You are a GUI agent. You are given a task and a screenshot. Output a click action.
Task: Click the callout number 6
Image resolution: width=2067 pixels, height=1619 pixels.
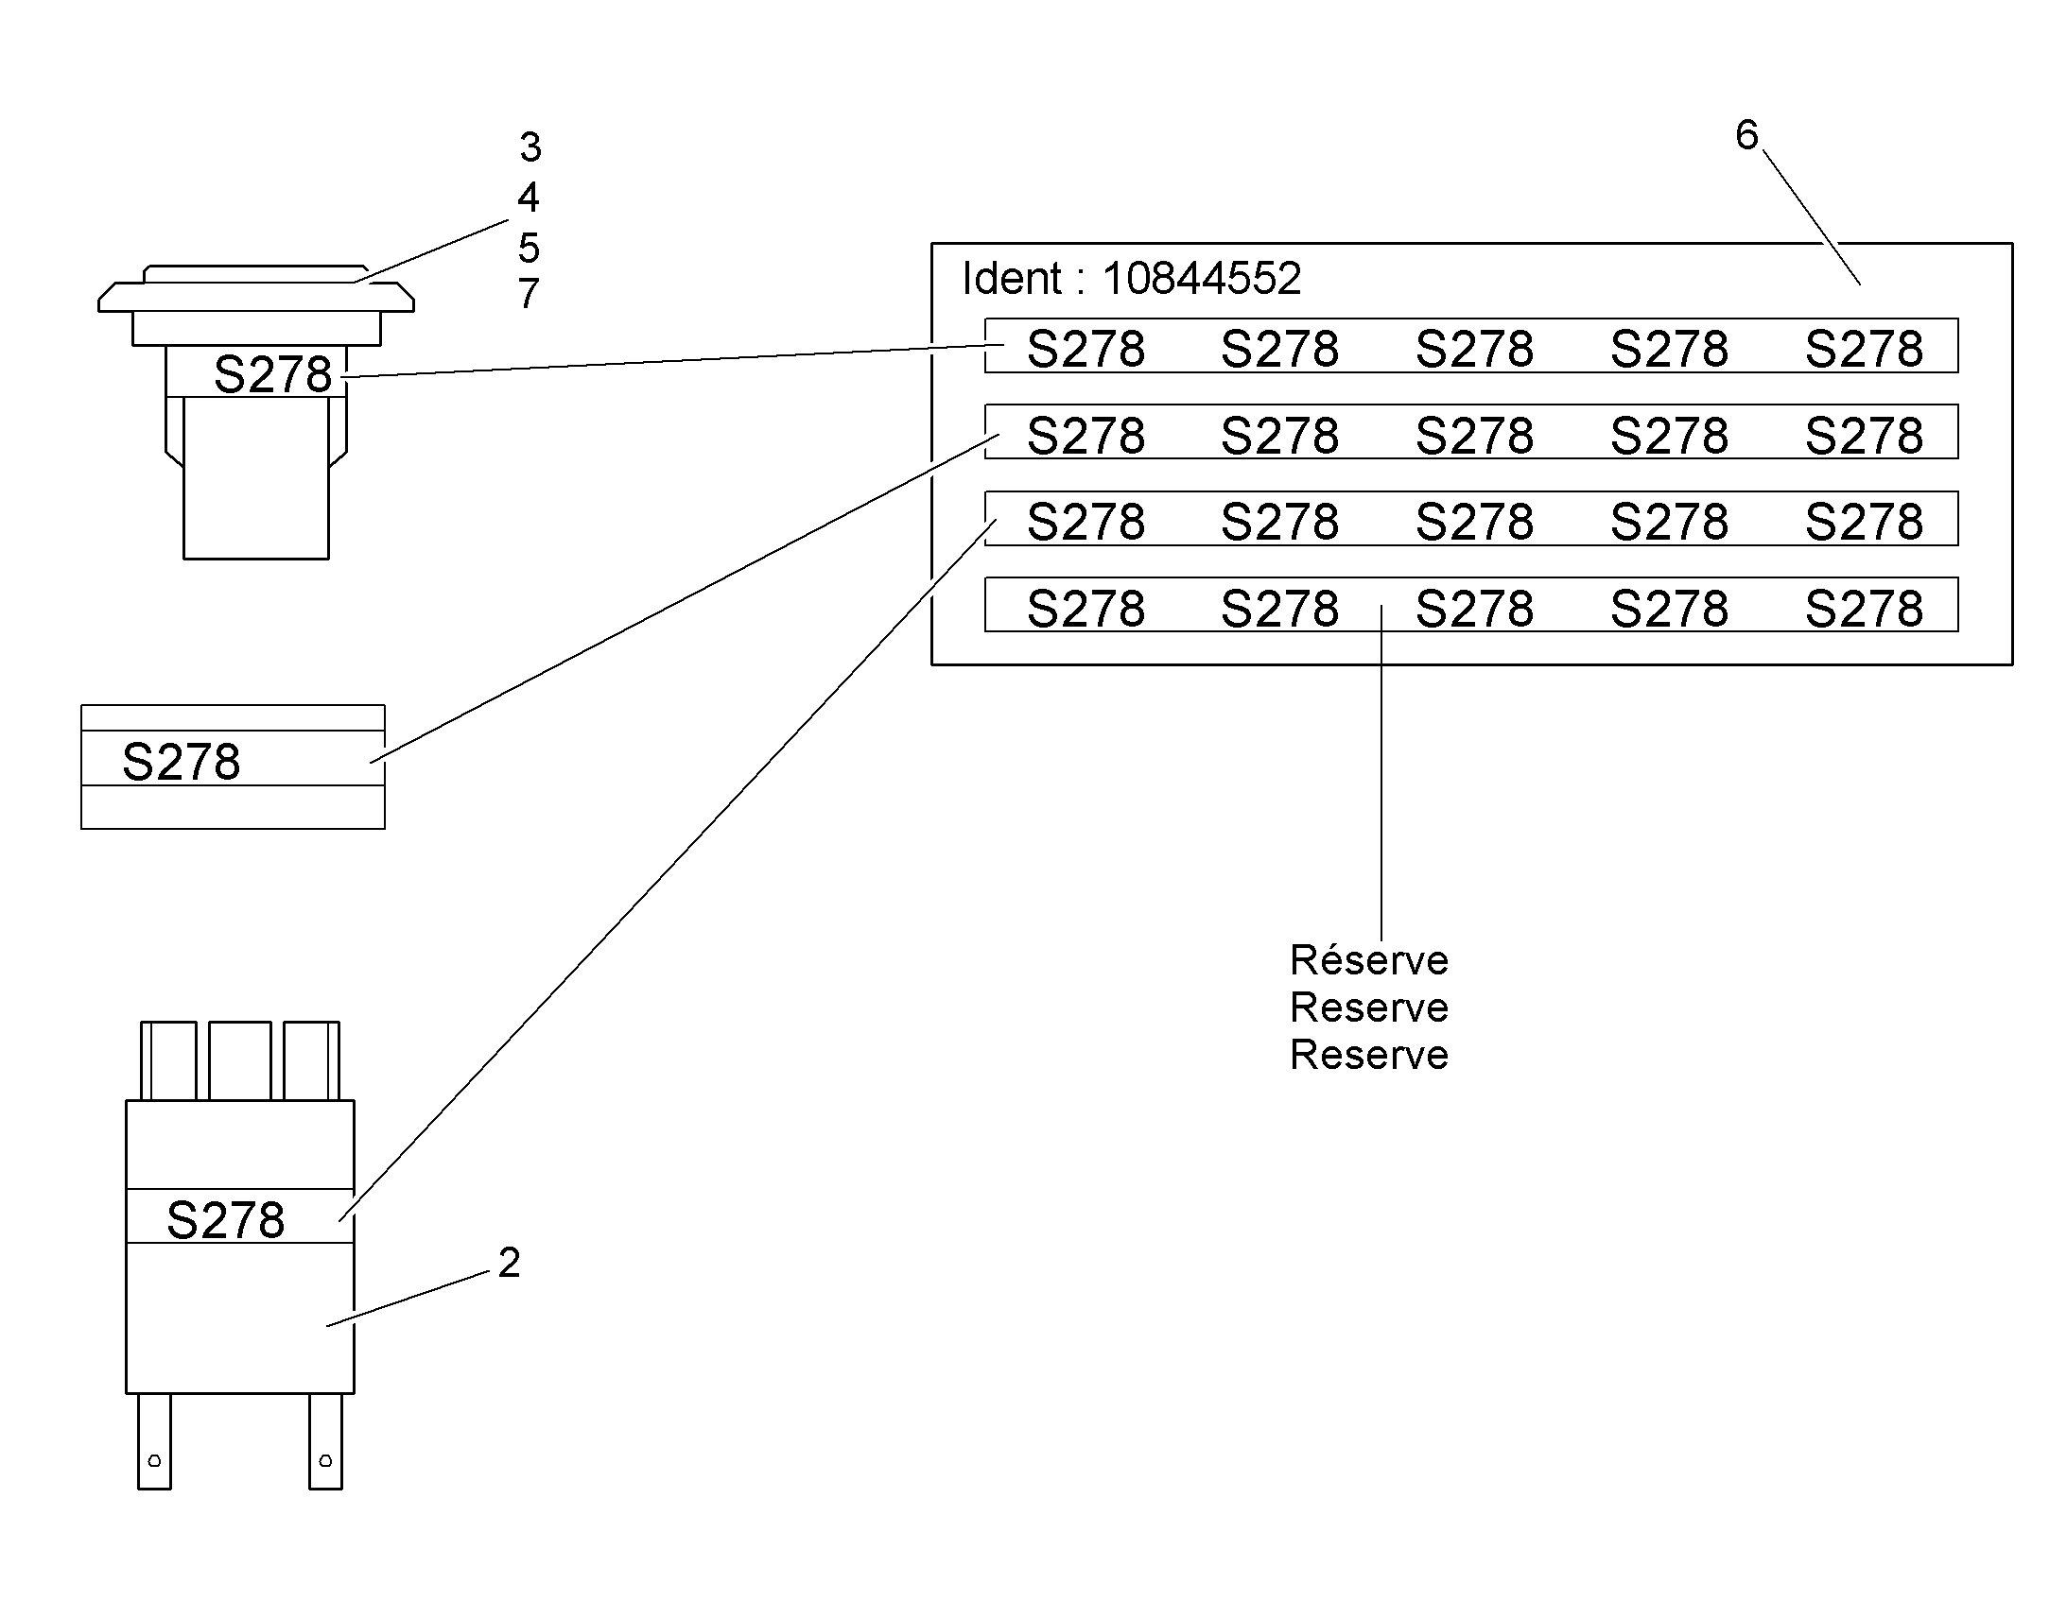(1746, 135)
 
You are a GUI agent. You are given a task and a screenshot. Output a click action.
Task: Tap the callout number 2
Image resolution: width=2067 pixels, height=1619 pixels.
(509, 1263)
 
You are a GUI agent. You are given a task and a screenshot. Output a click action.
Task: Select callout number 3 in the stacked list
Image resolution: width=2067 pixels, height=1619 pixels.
(530, 146)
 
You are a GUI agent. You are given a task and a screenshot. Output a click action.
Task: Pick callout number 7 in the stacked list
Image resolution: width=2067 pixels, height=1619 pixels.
(530, 293)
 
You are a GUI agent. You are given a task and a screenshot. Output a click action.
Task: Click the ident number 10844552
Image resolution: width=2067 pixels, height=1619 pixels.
(1201, 279)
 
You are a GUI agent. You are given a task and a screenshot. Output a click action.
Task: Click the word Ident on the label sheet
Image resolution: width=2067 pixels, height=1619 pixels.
(1011, 279)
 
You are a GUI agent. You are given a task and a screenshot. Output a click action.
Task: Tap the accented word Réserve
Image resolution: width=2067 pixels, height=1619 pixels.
(1369, 960)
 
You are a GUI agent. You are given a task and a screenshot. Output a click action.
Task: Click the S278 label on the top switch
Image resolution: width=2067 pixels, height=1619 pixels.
(273, 374)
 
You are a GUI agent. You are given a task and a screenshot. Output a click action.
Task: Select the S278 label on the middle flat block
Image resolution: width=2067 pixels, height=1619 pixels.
(182, 762)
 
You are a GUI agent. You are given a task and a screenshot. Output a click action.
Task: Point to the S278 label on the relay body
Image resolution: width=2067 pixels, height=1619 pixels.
(226, 1220)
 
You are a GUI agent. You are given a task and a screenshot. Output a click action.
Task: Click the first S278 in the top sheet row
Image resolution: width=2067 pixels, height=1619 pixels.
(1086, 349)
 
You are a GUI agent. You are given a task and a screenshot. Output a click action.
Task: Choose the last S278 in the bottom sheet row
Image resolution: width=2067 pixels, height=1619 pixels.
(1864, 609)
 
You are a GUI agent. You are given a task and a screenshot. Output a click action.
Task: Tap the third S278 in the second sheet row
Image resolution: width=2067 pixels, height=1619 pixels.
(1474, 436)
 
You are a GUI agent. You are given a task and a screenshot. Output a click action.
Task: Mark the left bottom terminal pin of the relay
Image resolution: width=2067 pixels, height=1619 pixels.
(154, 1441)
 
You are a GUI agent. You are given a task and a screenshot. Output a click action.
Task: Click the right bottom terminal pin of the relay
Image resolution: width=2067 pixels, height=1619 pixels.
(325, 1441)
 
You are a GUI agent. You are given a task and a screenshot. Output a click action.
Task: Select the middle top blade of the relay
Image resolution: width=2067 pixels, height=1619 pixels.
(240, 1060)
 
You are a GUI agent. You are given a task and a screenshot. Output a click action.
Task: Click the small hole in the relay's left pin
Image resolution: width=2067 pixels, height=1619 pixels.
(154, 1461)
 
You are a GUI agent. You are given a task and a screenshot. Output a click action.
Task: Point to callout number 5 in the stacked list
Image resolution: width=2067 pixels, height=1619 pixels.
(530, 248)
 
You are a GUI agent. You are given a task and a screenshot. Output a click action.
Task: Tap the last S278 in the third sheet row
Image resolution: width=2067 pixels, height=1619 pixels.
(1864, 523)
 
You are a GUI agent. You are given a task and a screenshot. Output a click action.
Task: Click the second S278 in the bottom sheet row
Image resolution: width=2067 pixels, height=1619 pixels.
(1280, 609)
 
